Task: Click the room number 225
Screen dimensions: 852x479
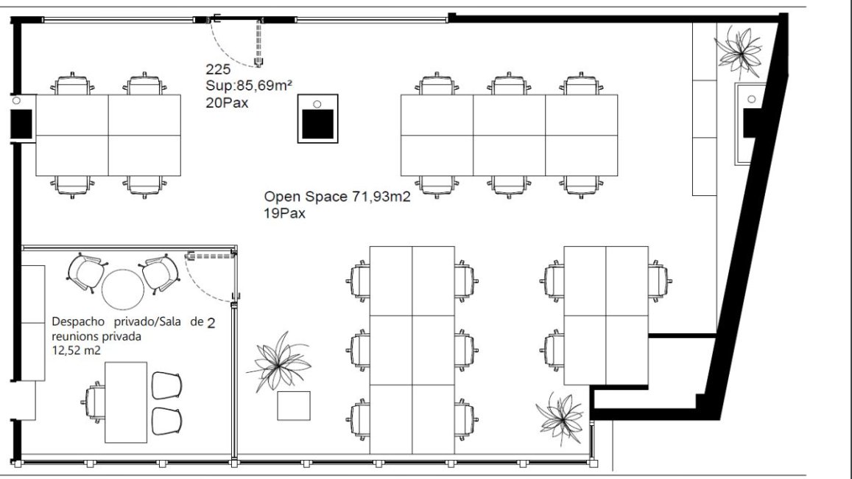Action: click(x=218, y=69)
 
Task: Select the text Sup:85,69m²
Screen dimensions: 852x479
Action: click(x=249, y=85)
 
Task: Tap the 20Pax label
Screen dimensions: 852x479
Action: click(x=227, y=102)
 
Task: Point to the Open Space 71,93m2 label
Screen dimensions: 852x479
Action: click(x=337, y=196)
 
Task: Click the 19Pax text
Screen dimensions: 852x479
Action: click(x=285, y=213)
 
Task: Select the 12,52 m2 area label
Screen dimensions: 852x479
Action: click(x=76, y=351)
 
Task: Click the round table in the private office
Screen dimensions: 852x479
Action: click(x=123, y=290)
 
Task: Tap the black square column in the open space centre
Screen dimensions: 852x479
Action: click(x=318, y=125)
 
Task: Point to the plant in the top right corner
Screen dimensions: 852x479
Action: click(x=739, y=52)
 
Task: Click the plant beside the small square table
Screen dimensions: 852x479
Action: click(x=279, y=361)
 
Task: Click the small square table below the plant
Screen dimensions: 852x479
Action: click(x=294, y=405)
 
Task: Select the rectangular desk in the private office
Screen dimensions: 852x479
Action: click(x=126, y=402)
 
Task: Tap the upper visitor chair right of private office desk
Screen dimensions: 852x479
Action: click(x=166, y=385)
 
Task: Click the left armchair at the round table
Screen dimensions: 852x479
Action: click(x=85, y=273)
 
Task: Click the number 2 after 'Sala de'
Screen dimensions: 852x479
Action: click(x=211, y=323)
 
